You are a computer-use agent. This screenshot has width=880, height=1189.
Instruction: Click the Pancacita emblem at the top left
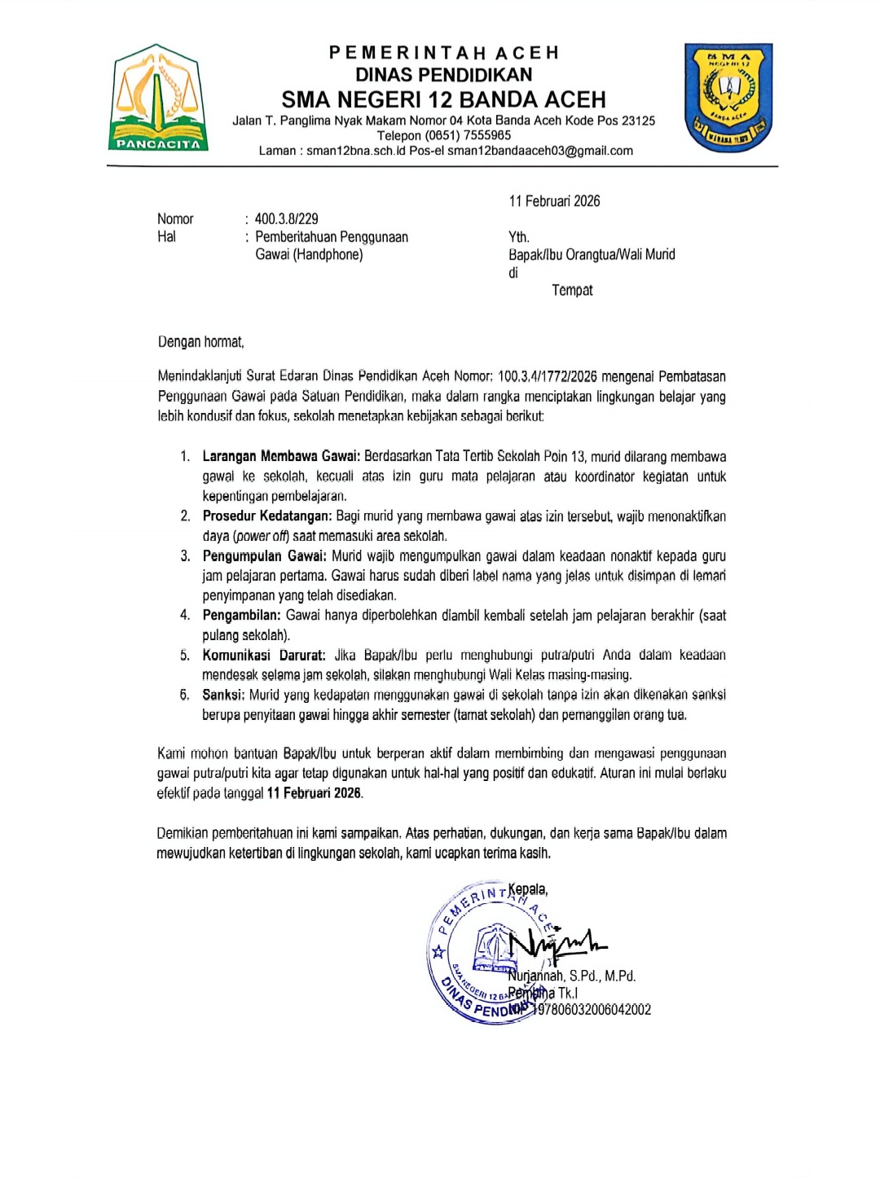pyautogui.click(x=158, y=99)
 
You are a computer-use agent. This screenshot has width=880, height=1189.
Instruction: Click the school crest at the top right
pyautogui.click(x=728, y=98)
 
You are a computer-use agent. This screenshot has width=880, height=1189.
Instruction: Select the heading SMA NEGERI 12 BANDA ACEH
pyautogui.click(x=443, y=100)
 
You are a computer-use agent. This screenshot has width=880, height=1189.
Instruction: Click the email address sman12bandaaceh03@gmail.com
pyautogui.click(x=539, y=151)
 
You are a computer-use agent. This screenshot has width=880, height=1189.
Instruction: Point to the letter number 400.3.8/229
pyautogui.click(x=286, y=219)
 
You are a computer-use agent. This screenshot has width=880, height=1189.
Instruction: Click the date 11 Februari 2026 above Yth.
pyautogui.click(x=554, y=201)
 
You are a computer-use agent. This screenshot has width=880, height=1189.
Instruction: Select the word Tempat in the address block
pyautogui.click(x=572, y=291)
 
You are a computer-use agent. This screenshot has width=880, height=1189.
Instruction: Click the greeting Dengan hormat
pyautogui.click(x=200, y=342)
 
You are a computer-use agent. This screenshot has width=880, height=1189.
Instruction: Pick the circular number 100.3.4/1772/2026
pyautogui.click(x=547, y=376)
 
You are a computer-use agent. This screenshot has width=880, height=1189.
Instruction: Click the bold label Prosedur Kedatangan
pyautogui.click(x=266, y=516)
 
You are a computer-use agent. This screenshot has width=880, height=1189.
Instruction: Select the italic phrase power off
pyautogui.click(x=262, y=536)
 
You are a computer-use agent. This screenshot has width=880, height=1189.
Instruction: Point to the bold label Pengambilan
pyautogui.click(x=241, y=616)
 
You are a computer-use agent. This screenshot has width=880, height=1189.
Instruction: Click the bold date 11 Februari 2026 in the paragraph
pyautogui.click(x=315, y=793)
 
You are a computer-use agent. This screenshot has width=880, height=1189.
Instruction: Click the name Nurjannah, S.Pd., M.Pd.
pyautogui.click(x=572, y=976)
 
